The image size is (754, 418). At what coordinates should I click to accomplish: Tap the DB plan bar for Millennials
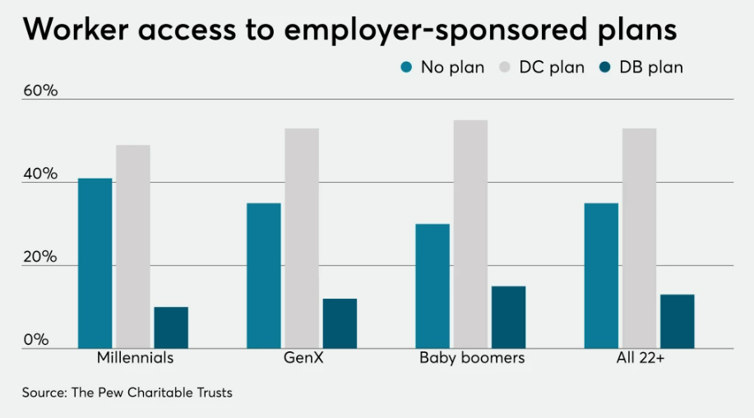click(x=171, y=327)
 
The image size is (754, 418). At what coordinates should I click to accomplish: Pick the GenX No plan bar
click(x=264, y=276)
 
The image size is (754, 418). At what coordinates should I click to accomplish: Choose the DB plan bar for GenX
click(x=340, y=323)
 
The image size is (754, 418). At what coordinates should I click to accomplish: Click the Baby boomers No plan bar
click(x=433, y=286)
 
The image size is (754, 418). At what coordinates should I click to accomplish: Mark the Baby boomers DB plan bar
click(x=508, y=317)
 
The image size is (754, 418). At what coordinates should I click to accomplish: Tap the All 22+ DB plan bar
click(x=677, y=321)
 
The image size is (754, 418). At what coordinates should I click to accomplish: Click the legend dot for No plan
click(x=406, y=67)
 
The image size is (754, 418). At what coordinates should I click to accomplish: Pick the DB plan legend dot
click(x=606, y=67)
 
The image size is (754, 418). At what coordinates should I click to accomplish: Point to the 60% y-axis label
click(x=40, y=91)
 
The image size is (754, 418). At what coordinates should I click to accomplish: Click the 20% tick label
click(x=40, y=257)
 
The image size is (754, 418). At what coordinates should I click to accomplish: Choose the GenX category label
click(x=302, y=359)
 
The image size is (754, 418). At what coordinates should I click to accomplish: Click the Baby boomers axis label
click(x=471, y=359)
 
